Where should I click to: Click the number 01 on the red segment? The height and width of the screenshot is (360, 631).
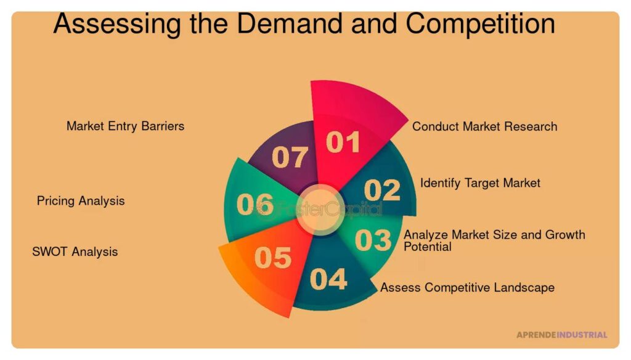tap(343, 142)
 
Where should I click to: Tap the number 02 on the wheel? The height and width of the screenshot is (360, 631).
tap(382, 190)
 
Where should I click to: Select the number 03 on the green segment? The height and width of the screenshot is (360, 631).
tap(373, 240)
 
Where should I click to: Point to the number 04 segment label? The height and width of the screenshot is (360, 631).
tap(328, 279)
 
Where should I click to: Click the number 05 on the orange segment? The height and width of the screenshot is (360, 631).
tap(273, 258)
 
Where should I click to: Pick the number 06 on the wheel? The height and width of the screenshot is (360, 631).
tap(255, 204)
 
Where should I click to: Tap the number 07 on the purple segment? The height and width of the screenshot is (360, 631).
tap(290, 157)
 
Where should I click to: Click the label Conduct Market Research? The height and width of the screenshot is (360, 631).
tap(484, 126)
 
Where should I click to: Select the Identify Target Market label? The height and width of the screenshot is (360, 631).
tap(480, 183)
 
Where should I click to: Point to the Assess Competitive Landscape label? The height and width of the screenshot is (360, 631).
tap(467, 287)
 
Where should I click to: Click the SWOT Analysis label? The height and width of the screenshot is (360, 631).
tap(75, 252)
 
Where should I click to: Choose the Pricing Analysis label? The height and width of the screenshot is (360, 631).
tap(81, 201)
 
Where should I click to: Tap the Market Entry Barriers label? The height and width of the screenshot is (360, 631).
tap(125, 126)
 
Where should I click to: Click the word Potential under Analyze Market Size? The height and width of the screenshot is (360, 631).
tap(428, 247)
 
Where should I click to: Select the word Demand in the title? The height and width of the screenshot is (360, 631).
tap(289, 23)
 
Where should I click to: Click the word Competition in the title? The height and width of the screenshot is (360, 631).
tap(480, 24)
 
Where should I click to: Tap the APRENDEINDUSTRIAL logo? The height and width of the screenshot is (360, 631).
tap(562, 335)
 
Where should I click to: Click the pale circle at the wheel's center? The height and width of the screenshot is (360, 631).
tap(320, 210)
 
